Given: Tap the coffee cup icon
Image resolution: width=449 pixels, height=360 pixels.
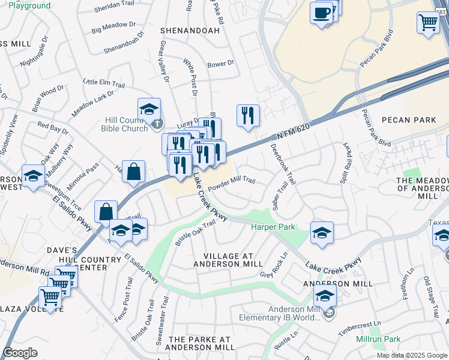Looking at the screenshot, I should (x=322, y=13).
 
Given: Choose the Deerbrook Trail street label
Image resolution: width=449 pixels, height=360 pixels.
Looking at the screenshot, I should (x=283, y=163).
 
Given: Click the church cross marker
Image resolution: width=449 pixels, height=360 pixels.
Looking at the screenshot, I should (x=157, y=124).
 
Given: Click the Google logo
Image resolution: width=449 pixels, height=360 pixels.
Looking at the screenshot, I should (x=20, y=353).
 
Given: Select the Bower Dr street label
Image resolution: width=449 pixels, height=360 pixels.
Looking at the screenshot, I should (x=220, y=64).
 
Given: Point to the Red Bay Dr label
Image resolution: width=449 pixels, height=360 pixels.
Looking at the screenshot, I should (x=53, y=128).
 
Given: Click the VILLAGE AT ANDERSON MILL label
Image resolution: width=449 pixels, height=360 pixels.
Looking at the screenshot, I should (x=228, y=260).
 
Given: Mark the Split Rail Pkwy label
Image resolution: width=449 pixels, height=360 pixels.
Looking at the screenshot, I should (x=346, y=161).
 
